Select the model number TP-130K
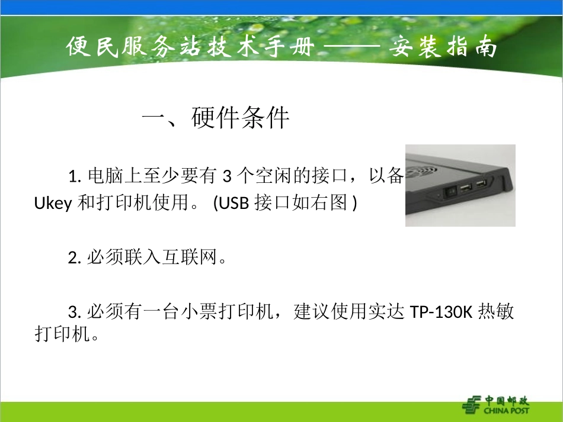pos(441,313)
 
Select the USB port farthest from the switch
pos(481,183)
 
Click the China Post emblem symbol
pos(472,404)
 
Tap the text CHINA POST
pos(506,410)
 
